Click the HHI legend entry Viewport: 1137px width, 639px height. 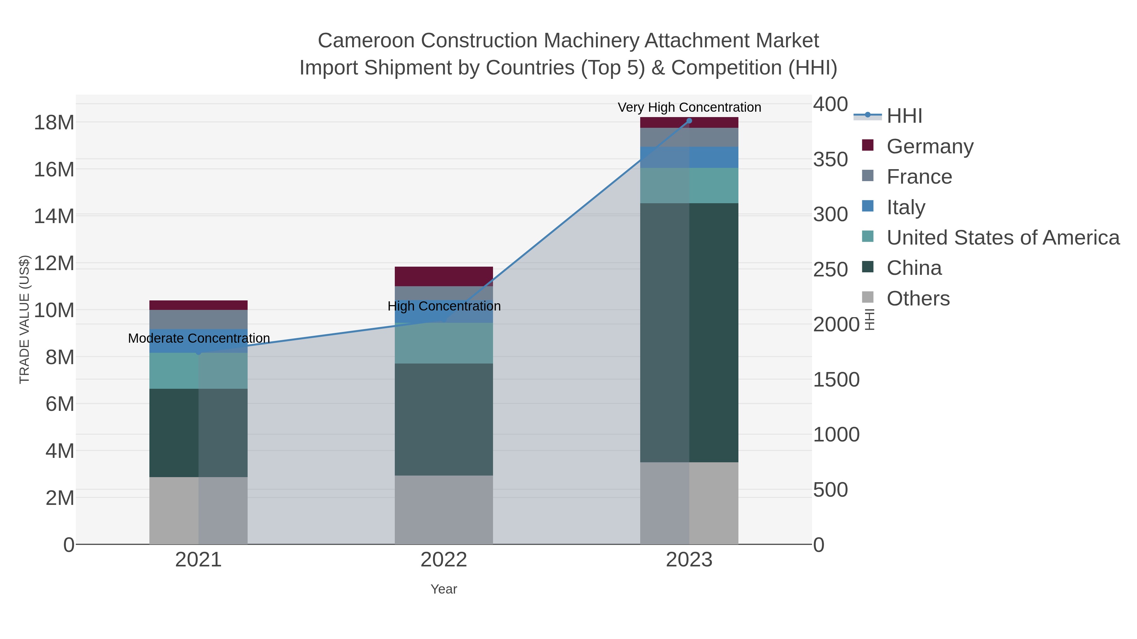pos(904,116)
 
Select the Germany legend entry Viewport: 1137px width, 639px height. pos(929,146)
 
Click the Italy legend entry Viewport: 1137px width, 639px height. pos(906,207)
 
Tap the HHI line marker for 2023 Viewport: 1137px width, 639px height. pos(689,121)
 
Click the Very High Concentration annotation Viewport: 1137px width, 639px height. pos(689,108)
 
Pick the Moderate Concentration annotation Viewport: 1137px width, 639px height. pos(199,339)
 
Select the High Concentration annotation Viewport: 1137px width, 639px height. pos(444,306)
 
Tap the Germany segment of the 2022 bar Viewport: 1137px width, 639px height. pos(444,276)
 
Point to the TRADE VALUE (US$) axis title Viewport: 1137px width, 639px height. pos(25,319)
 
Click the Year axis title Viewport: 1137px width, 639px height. pos(444,589)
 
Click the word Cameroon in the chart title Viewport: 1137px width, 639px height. pos(366,41)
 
